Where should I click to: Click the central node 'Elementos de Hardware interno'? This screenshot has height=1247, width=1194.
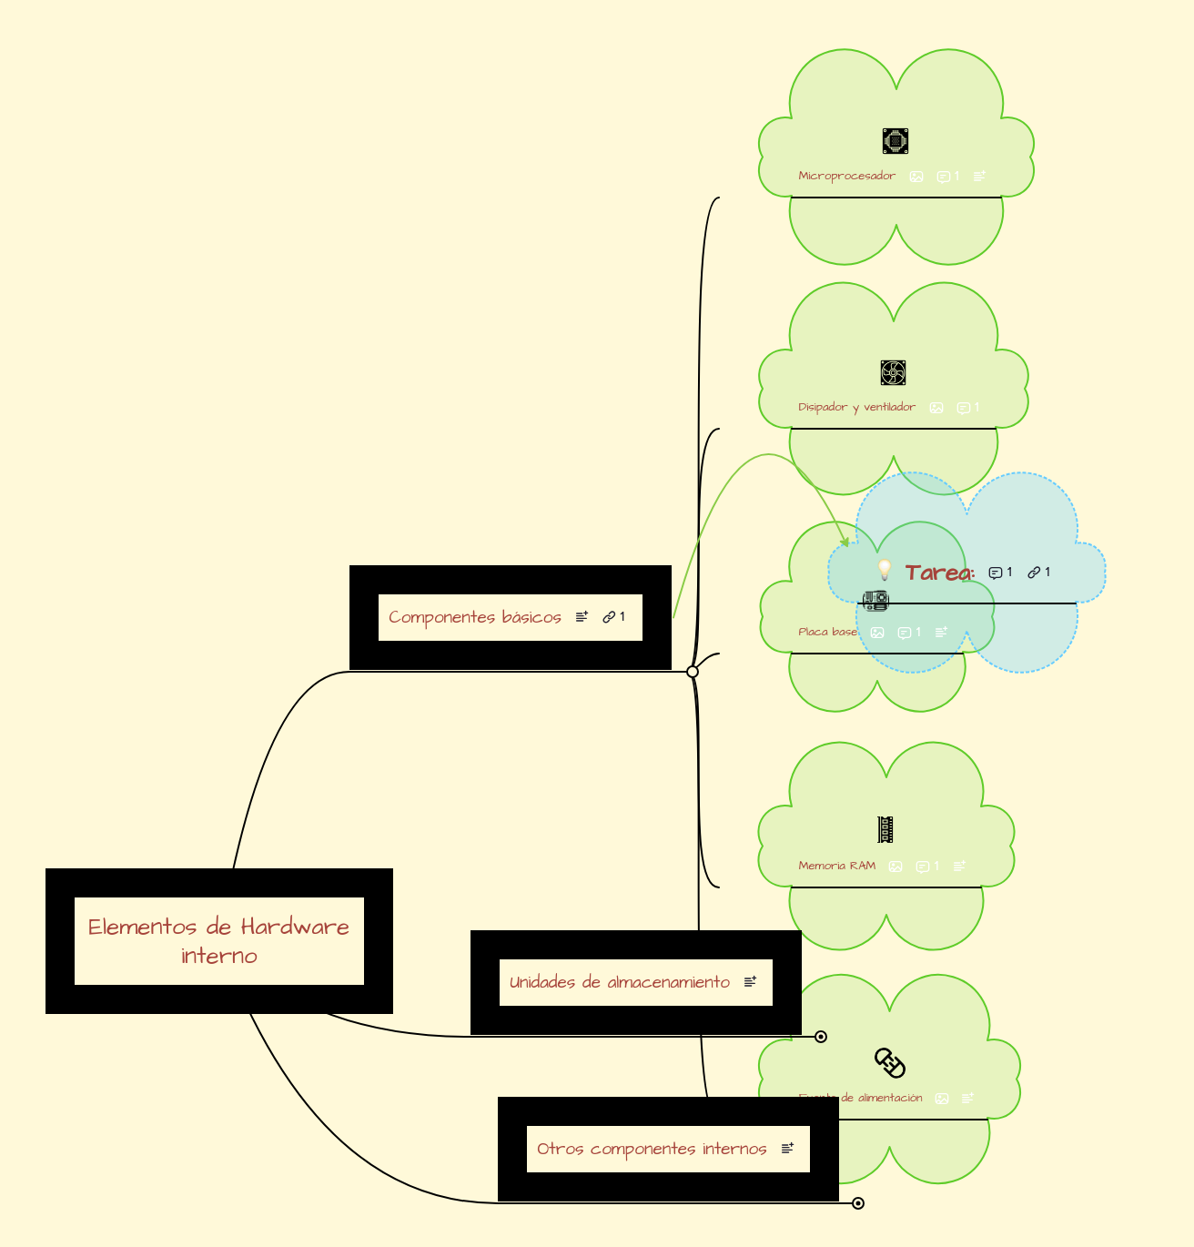(218, 940)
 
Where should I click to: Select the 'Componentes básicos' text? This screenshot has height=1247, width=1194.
(474, 617)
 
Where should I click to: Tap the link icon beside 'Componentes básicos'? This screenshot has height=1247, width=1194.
(610, 617)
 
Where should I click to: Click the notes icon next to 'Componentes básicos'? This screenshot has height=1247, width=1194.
(582, 617)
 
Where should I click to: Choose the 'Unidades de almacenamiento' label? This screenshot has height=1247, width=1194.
(619, 982)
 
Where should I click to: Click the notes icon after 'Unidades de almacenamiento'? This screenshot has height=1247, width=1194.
(750, 982)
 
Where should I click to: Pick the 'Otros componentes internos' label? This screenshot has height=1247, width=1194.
(652, 1149)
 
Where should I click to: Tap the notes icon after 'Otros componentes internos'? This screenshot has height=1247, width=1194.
(787, 1149)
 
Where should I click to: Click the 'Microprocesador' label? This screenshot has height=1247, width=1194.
(846, 176)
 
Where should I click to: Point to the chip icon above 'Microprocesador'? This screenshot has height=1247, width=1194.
(895, 141)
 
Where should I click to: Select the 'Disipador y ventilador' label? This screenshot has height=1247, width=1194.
(856, 407)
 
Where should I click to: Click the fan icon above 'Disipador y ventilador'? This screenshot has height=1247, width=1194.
(893, 373)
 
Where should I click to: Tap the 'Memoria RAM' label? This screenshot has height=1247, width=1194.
(836, 866)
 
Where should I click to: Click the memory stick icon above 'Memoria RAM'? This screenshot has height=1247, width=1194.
(885, 829)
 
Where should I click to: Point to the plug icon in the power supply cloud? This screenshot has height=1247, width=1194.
(889, 1062)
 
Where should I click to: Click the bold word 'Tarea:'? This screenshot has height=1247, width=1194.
(940, 573)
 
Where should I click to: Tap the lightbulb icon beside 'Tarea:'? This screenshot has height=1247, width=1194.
(884, 571)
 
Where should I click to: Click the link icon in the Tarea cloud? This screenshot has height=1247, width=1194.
(1034, 573)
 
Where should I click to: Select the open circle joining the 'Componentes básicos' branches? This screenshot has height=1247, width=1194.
(693, 672)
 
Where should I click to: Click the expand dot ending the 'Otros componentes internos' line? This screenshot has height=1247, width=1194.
(857, 1203)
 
